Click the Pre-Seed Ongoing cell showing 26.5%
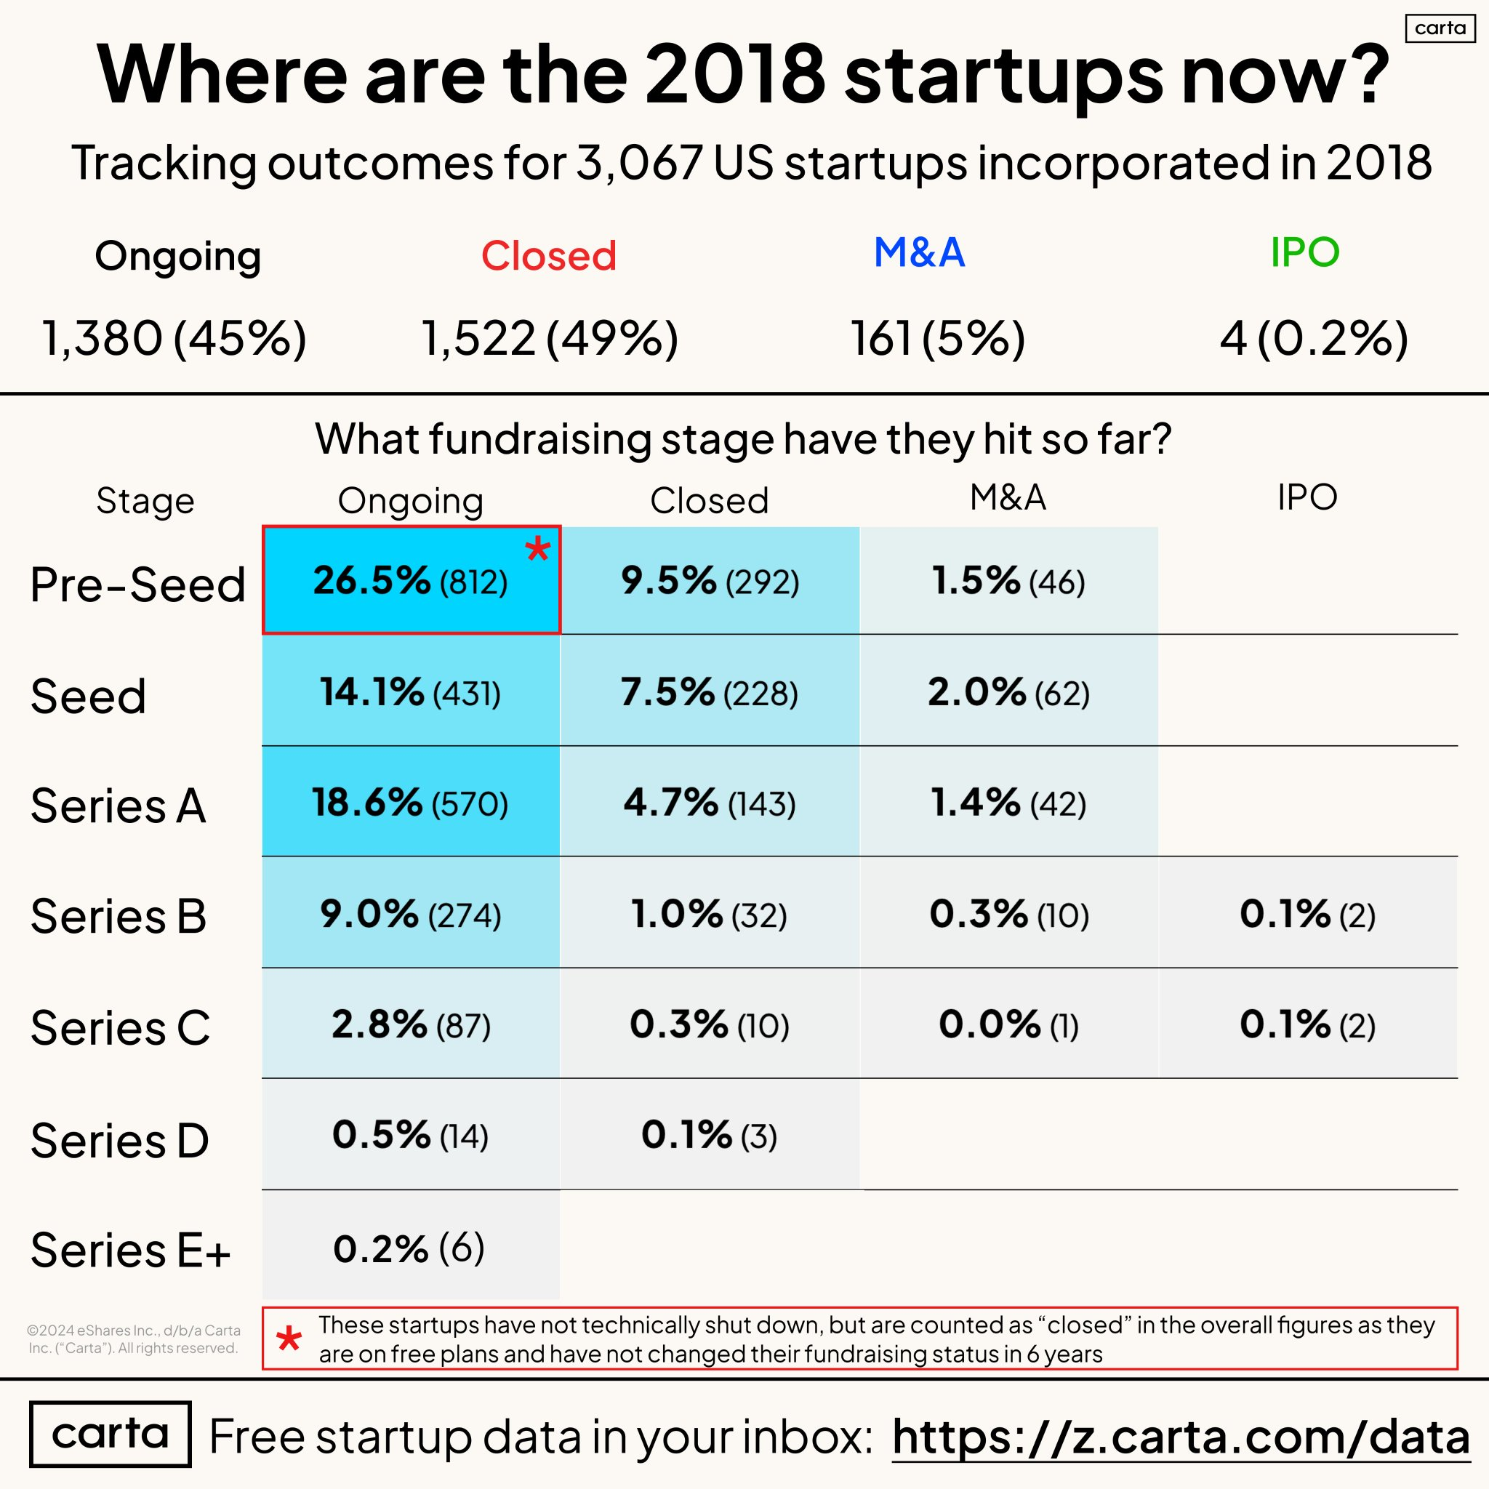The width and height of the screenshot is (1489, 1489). click(x=410, y=580)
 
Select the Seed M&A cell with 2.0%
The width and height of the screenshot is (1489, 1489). click(x=1008, y=691)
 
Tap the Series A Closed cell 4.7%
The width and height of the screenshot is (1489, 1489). click(x=709, y=803)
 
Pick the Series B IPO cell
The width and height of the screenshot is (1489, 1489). click(x=1307, y=913)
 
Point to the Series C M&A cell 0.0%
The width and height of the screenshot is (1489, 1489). click(x=1008, y=1024)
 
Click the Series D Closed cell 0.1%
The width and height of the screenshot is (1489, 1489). click(x=709, y=1135)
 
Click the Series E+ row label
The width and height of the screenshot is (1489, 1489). click(x=129, y=1249)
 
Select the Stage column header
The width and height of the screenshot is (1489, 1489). click(x=145, y=501)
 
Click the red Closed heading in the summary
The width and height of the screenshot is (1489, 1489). click(x=549, y=255)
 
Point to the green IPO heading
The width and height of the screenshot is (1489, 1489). click(x=1305, y=252)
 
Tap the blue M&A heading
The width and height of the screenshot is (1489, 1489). click(x=919, y=252)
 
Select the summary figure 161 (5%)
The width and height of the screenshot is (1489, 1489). click(x=937, y=337)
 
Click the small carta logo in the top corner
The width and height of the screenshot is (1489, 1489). click(x=1440, y=28)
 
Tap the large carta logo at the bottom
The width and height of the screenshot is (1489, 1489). click(x=110, y=1434)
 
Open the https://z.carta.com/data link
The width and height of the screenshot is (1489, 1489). click(x=1181, y=1437)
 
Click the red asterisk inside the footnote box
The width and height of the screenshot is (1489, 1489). click(x=289, y=1339)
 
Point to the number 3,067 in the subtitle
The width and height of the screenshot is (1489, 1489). click(x=639, y=163)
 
